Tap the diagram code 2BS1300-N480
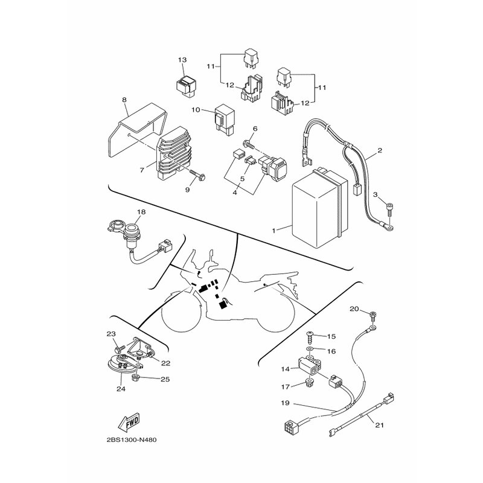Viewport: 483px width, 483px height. [132, 440]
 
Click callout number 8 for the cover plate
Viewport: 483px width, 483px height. [124, 100]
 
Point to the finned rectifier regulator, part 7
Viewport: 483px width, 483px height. [174, 153]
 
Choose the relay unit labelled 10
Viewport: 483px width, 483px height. [225, 120]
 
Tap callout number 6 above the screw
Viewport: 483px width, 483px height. [255, 129]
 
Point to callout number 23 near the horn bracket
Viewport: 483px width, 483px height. [111, 334]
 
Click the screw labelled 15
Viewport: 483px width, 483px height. [310, 338]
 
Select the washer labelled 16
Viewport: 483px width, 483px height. [310, 350]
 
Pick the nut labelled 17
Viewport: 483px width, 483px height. [307, 383]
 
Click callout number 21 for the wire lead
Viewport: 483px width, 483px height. [380, 425]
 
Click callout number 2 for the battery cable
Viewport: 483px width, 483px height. [380, 150]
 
